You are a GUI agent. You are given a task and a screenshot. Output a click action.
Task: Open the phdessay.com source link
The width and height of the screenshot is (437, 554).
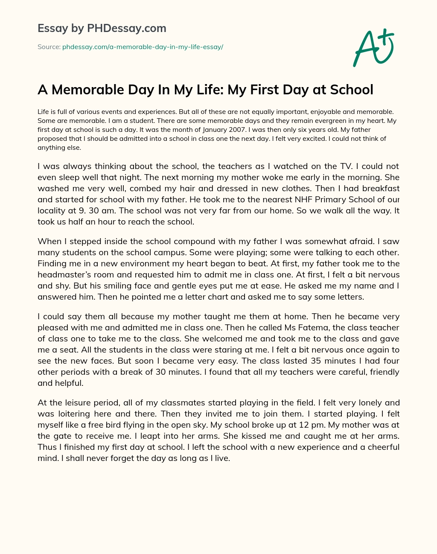click(x=143, y=47)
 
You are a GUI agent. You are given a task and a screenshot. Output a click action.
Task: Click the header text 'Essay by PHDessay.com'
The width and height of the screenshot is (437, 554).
click(x=102, y=28)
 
